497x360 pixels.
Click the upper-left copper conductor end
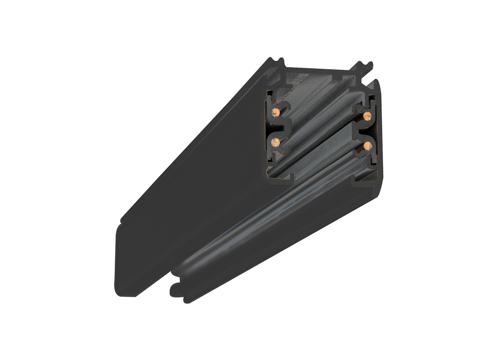(x=275, y=112)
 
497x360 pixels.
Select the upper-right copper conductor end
(x=366, y=115)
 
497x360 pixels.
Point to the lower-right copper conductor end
(x=366, y=145)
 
